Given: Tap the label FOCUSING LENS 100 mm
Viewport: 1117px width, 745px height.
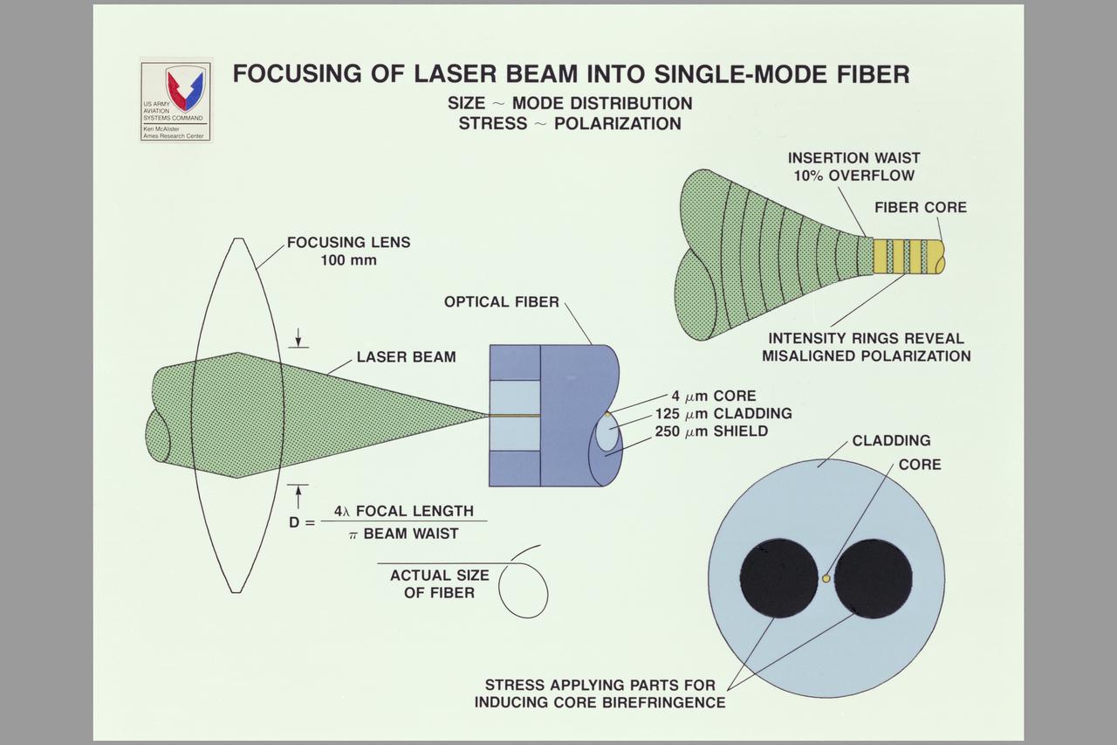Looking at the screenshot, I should click(348, 251).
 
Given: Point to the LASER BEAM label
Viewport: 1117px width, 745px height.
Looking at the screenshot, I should click(406, 357).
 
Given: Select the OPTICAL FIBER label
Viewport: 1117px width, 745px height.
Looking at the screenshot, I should click(502, 302).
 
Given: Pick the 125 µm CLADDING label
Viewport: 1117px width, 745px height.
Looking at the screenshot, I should click(723, 413).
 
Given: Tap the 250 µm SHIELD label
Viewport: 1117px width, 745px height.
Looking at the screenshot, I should click(711, 431).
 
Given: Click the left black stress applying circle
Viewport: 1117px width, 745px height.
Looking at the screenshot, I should click(778, 578).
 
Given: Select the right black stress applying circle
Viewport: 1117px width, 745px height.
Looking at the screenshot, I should click(873, 578).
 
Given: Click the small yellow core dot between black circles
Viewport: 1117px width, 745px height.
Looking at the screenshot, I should click(826, 577).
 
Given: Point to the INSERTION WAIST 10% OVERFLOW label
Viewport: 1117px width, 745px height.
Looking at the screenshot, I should click(853, 167).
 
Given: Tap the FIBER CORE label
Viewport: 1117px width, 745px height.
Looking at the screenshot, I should click(921, 208).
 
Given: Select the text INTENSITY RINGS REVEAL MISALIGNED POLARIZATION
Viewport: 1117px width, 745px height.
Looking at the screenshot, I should click(866, 347).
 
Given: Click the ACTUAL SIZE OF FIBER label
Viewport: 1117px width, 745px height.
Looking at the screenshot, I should click(440, 584).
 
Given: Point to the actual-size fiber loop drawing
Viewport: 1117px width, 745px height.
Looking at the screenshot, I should click(524, 590).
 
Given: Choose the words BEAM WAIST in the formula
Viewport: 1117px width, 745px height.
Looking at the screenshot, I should click(410, 534).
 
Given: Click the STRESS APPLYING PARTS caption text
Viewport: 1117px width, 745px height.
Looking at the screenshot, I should click(600, 693).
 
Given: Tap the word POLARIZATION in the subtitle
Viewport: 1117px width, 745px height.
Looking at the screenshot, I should click(617, 124).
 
